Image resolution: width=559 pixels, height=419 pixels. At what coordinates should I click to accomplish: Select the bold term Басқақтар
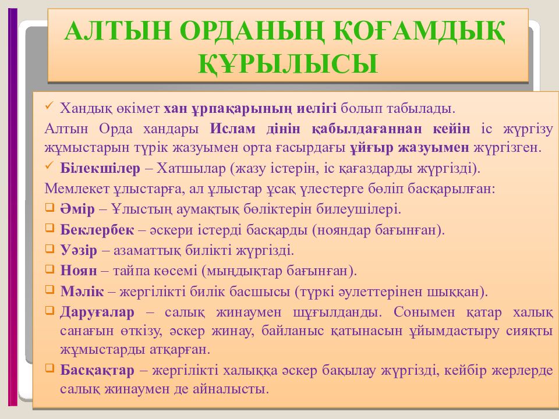click(x=97, y=370)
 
